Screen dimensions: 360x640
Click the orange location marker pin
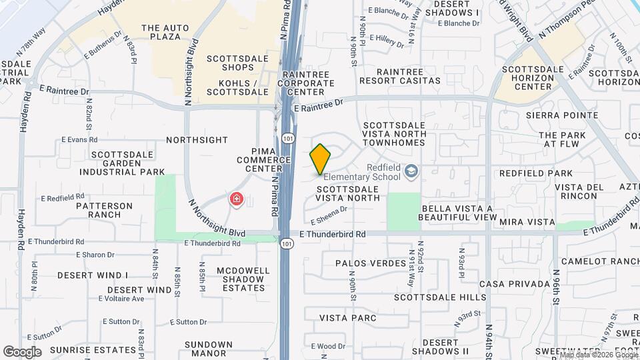320,159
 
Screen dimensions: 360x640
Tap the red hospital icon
236,199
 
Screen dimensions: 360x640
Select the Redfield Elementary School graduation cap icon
411,171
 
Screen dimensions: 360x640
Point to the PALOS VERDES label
371,263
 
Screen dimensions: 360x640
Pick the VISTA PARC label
348,318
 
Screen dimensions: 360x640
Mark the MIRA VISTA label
527,221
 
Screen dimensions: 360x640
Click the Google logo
21,351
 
